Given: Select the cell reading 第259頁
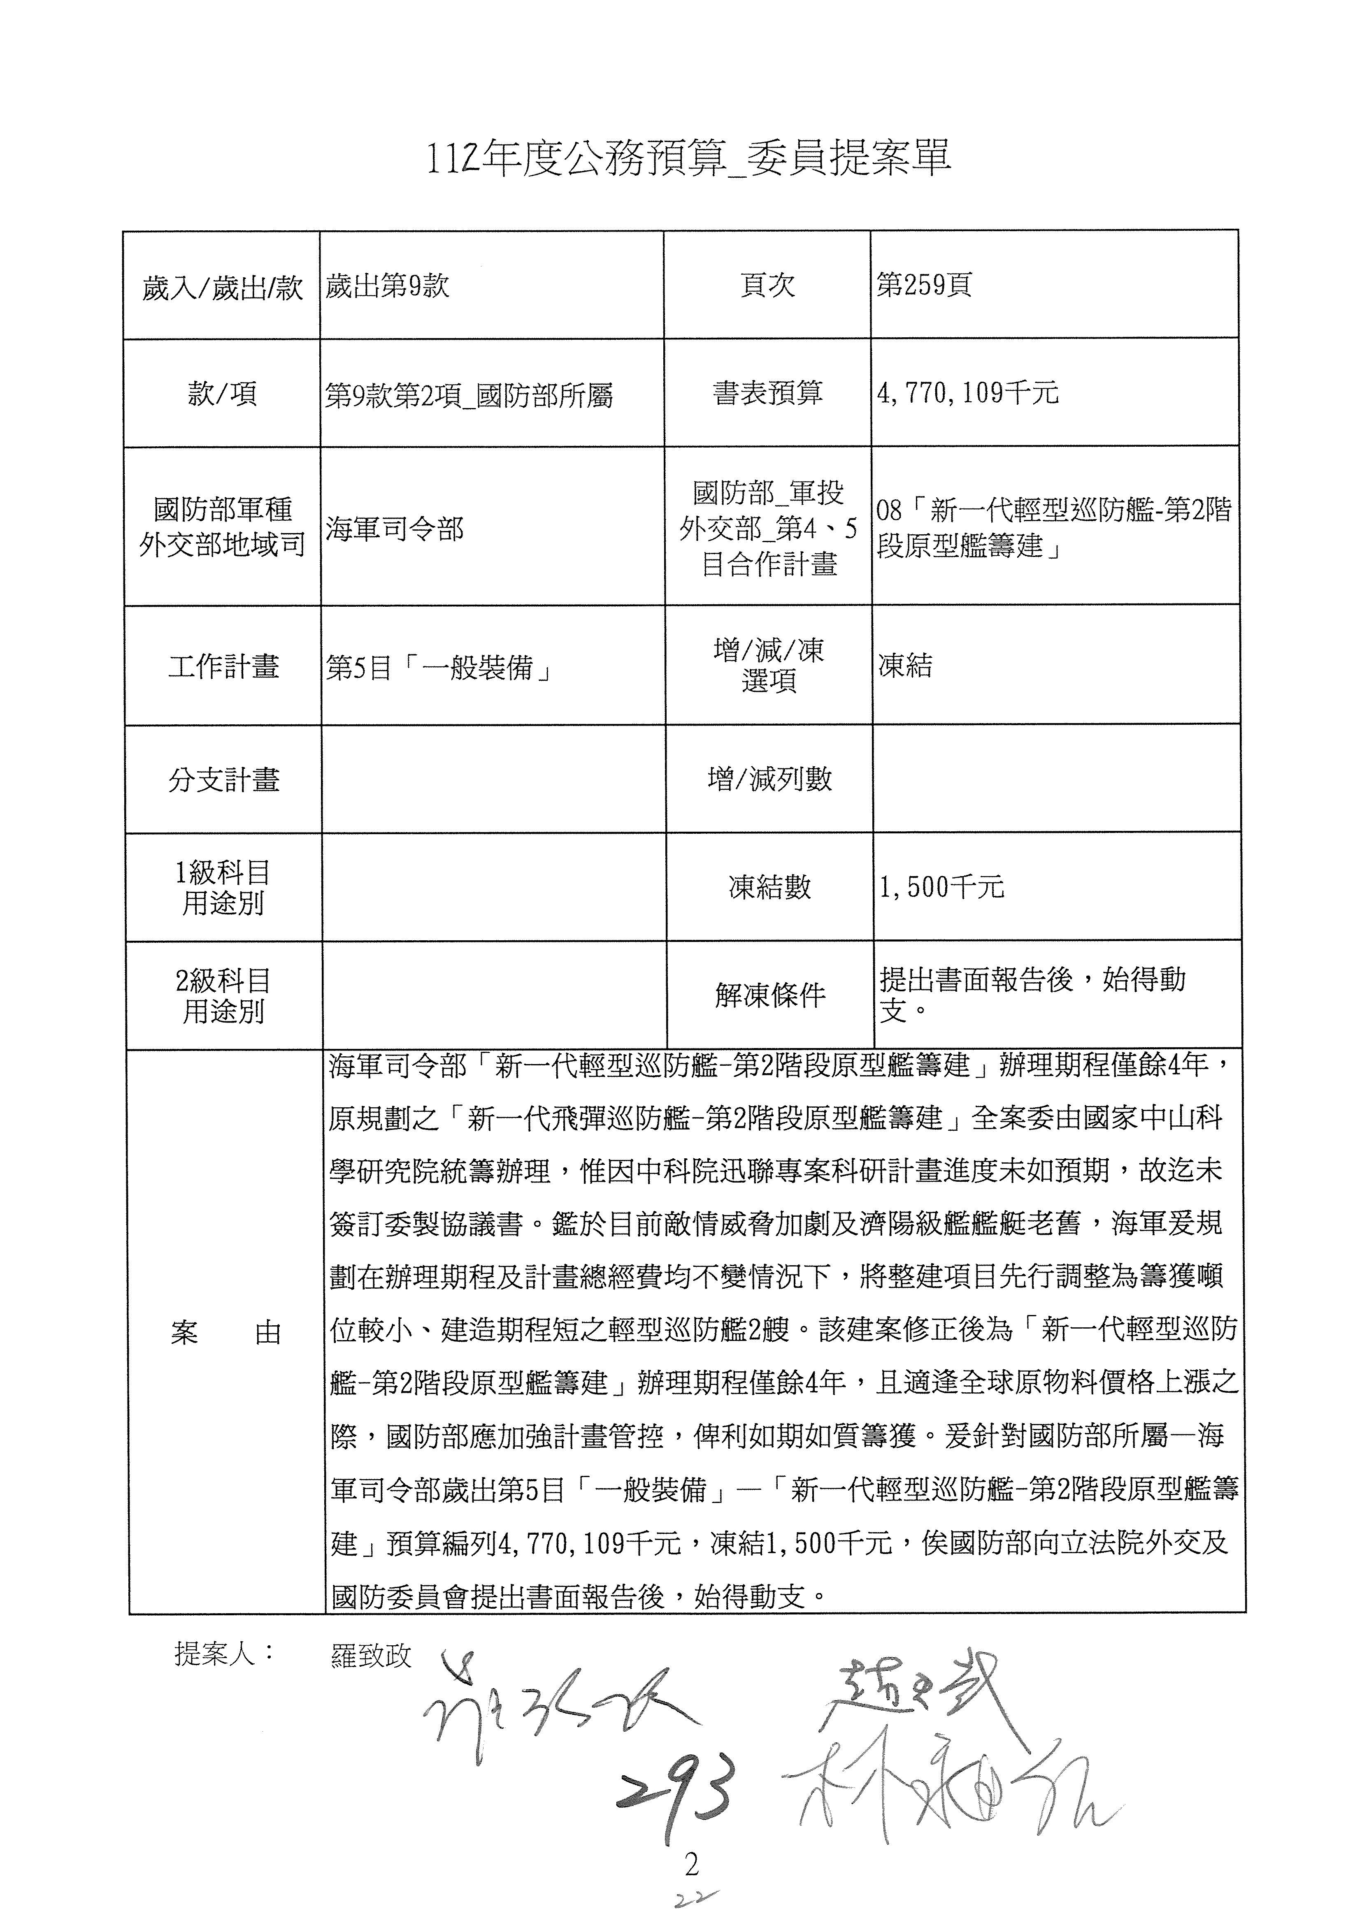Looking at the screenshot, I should pos(923,285).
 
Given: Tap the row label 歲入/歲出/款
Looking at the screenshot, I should pos(222,288).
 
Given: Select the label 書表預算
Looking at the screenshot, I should pos(767,393).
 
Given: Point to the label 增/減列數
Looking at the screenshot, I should pos(769,779).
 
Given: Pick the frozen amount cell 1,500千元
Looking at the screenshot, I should pos(941,887).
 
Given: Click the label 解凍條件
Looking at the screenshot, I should pos(770,995).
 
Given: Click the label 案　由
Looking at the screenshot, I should pos(225,1332).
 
